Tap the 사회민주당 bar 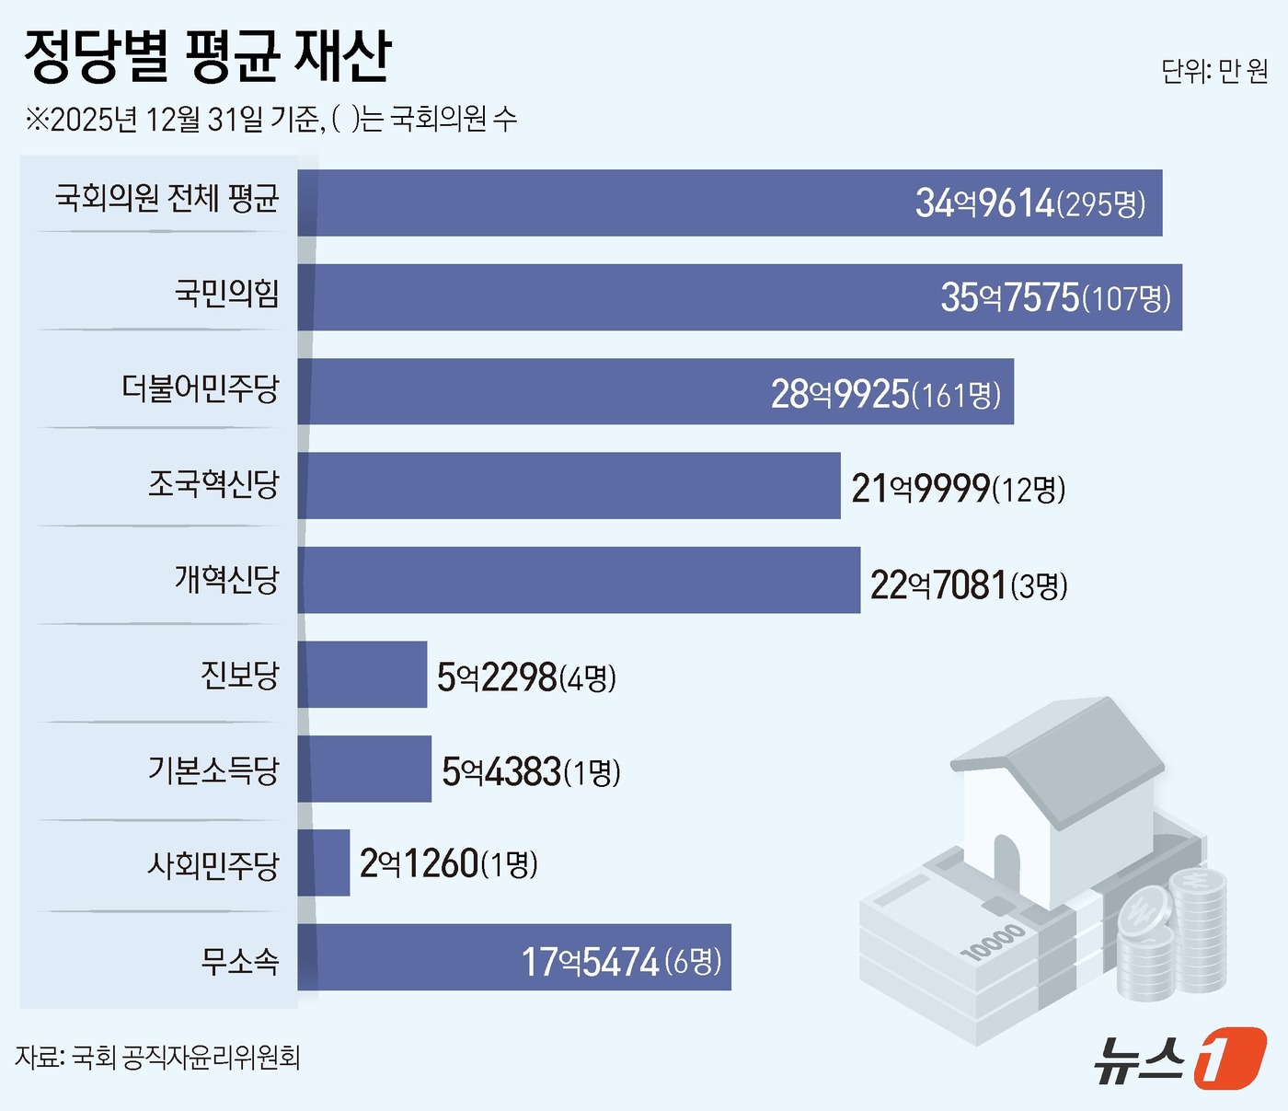coord(324,862)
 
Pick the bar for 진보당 coord(362,675)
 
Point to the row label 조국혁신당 coord(213,484)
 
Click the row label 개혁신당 coord(226,579)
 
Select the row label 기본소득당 coord(213,770)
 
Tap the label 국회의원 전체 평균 coord(167,198)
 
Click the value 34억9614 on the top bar coord(983,203)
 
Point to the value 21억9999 coord(920,488)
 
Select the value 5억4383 coord(501,771)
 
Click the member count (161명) coord(956,395)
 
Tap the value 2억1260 coord(419,863)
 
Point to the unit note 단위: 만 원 coord(1214,71)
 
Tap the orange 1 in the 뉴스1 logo coord(1230,1058)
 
